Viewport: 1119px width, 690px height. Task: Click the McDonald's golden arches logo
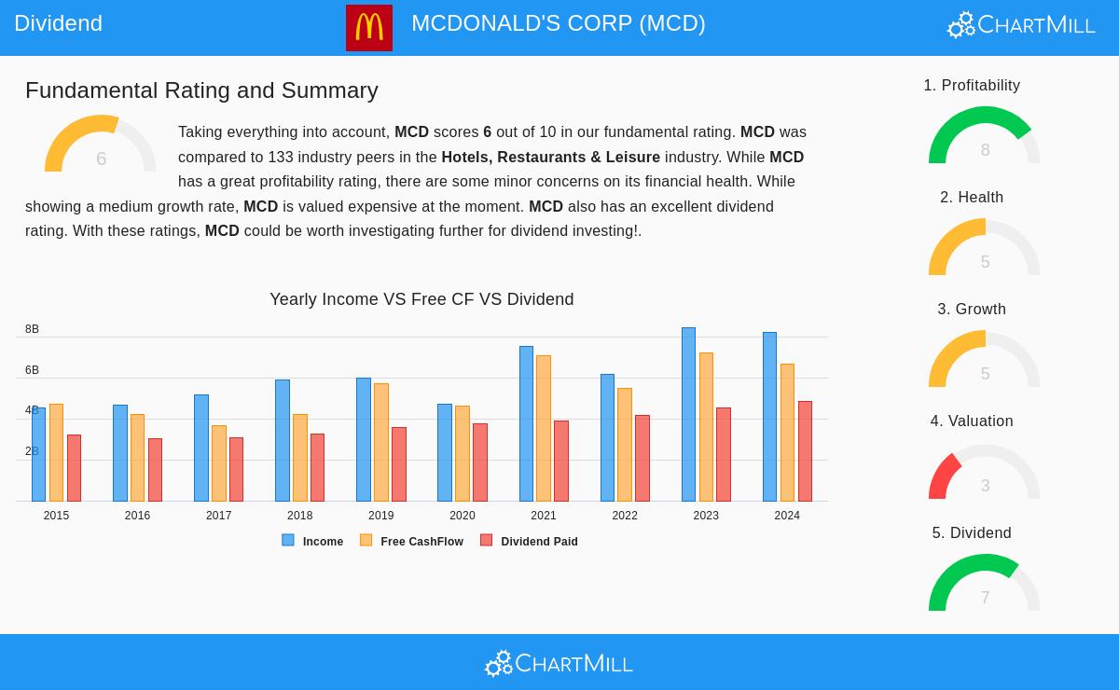coord(368,27)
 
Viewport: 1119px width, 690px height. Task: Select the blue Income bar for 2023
coord(688,415)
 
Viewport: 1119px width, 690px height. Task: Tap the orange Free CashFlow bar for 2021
coord(544,429)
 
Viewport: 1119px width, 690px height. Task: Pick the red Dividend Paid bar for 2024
coord(805,451)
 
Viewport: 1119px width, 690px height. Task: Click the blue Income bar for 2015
coord(38,454)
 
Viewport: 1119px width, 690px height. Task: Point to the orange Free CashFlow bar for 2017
coord(218,463)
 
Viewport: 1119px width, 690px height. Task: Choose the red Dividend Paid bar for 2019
coord(399,464)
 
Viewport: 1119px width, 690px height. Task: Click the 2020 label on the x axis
coord(462,516)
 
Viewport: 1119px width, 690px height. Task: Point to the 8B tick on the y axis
coord(32,329)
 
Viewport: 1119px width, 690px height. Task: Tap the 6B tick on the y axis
coord(32,370)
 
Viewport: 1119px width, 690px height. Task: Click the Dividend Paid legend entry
coord(530,541)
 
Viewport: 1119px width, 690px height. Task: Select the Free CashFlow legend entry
coord(412,541)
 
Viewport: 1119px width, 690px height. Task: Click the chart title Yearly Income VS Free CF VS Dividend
coord(421,299)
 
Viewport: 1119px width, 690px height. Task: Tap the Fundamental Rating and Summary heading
coord(201,90)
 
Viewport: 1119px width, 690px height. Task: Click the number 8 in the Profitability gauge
coord(985,150)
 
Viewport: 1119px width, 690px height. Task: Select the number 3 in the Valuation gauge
coord(985,486)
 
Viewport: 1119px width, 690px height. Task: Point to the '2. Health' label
coord(972,198)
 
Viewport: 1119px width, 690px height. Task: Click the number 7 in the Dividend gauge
coord(985,598)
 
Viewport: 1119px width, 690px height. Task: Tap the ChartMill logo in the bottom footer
coord(559,663)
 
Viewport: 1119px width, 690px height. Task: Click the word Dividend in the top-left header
coord(58,23)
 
